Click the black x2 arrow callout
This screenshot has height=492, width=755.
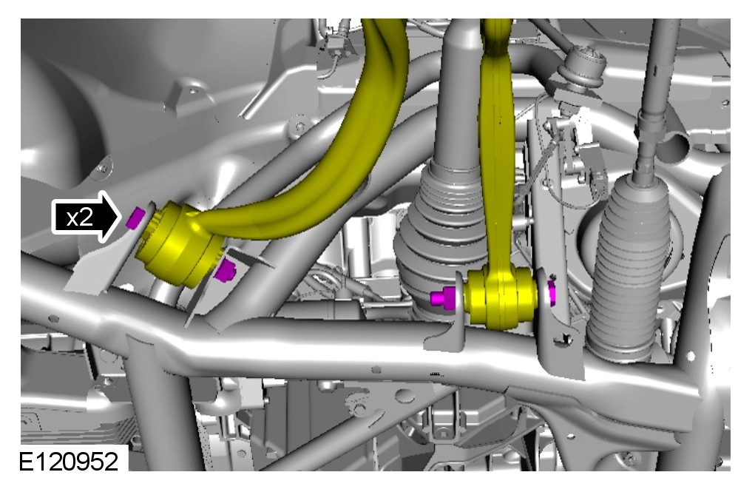pos(86,217)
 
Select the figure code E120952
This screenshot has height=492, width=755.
pos(68,462)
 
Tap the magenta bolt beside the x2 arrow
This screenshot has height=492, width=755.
pos(135,218)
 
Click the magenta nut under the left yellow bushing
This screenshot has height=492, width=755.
pos(225,270)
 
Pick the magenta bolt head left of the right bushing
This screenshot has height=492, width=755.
pos(444,298)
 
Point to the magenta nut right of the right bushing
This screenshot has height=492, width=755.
pos(552,292)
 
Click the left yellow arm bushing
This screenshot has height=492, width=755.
pos(179,245)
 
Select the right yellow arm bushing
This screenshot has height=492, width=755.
pos(500,297)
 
